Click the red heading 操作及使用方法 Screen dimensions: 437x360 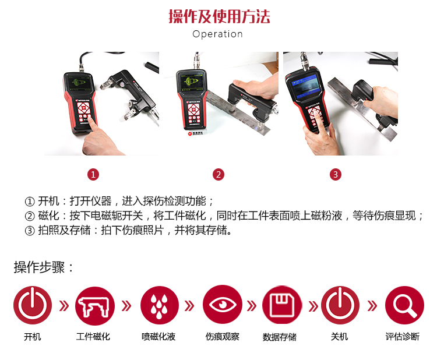pyautogui.click(x=219, y=16)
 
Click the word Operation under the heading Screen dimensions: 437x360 pyautogui.click(x=218, y=34)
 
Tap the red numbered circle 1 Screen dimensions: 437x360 pyautogui.click(x=93, y=175)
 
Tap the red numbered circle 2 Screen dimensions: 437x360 pyautogui.click(x=218, y=175)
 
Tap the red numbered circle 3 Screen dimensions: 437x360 pyautogui.click(x=336, y=175)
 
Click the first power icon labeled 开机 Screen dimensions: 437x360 pyautogui.click(x=33, y=305)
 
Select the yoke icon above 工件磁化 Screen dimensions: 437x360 pyautogui.click(x=95, y=306)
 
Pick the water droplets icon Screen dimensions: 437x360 pyautogui.click(x=160, y=305)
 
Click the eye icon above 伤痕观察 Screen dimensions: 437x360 pyautogui.click(x=223, y=305)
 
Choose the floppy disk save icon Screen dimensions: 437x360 pyautogui.click(x=282, y=305)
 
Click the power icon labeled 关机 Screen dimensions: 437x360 pyautogui.click(x=340, y=305)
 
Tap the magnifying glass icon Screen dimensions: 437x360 pyautogui.click(x=404, y=305)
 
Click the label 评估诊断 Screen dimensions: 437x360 pyautogui.click(x=403, y=337)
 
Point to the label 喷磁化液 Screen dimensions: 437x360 pyautogui.click(x=158, y=337)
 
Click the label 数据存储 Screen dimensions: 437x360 pyautogui.click(x=280, y=337)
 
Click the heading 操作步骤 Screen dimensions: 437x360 pyautogui.click(x=44, y=267)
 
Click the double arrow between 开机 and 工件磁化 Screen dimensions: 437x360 pyautogui.click(x=64, y=306)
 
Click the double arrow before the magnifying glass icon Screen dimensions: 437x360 pyautogui.click(x=372, y=306)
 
